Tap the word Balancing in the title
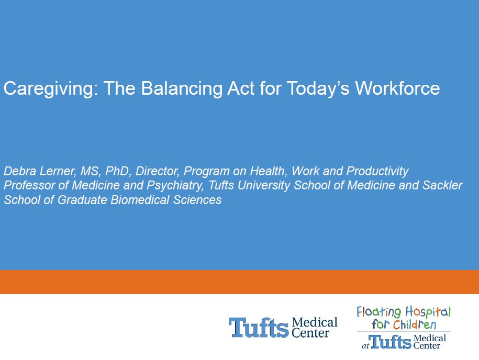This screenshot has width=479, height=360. (x=182, y=89)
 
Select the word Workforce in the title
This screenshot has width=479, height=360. (x=397, y=88)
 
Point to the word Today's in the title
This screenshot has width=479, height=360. (x=318, y=89)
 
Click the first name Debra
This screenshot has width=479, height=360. (x=20, y=171)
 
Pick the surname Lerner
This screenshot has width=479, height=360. (x=58, y=171)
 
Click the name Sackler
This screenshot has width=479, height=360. (x=442, y=185)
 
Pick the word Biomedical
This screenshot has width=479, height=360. (x=140, y=200)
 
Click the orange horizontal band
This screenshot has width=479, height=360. (x=240, y=282)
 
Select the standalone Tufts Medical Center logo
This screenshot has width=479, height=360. (x=283, y=328)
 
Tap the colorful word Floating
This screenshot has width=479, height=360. (x=379, y=312)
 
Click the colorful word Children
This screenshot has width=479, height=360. (x=415, y=324)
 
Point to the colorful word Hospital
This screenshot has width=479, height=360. (x=428, y=312)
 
